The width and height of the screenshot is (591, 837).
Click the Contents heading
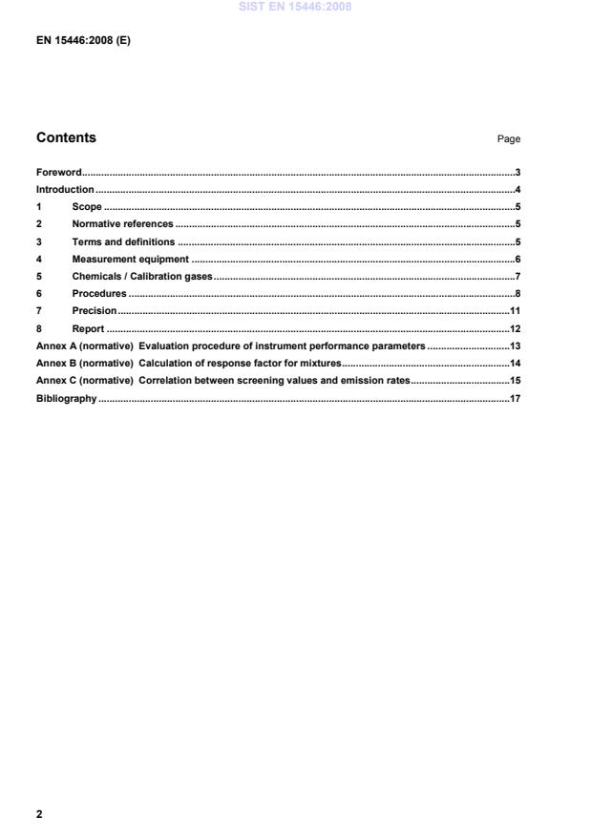(66, 137)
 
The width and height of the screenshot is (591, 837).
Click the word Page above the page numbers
(508, 139)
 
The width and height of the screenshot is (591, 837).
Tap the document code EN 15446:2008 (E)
(83, 40)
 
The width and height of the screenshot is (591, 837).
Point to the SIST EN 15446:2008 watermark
(295, 6)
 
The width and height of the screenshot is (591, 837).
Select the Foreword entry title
(58, 172)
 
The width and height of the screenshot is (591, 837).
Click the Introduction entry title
(65, 189)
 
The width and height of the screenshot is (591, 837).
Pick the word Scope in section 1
(87, 206)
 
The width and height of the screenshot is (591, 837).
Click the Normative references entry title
(122, 223)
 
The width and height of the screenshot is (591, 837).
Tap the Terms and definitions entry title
(123, 241)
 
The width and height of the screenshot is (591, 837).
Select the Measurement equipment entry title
(130, 259)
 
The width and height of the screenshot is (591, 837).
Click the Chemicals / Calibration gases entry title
(142, 276)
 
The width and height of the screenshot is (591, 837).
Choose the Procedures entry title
(99, 293)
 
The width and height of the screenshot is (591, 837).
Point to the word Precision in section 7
(95, 310)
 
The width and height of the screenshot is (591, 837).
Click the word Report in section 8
(88, 328)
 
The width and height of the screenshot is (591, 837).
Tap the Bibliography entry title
(66, 398)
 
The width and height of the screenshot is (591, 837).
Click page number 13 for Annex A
(514, 345)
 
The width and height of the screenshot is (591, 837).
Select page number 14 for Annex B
(514, 363)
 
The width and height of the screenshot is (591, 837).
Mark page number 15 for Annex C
(514, 380)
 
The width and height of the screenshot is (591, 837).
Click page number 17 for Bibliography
(514, 398)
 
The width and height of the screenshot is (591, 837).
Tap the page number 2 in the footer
(39, 814)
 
